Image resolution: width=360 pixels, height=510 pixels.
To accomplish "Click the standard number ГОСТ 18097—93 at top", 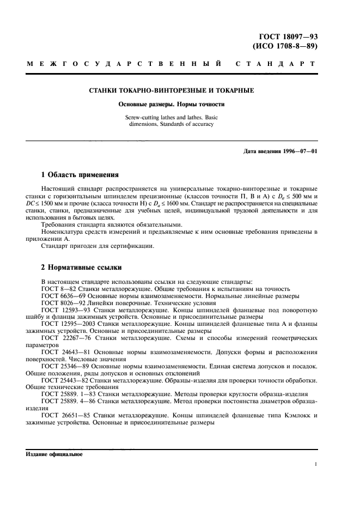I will (x=284, y=37).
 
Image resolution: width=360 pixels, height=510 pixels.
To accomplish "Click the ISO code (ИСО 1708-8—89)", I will (x=285, y=46).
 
